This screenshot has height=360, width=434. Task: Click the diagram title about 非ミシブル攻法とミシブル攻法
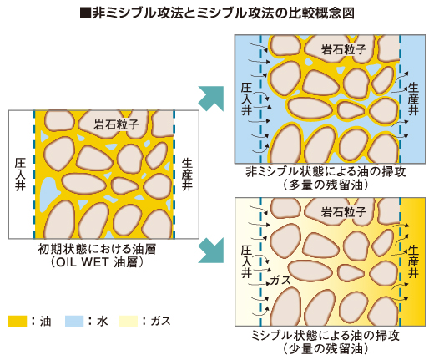pos(217,13)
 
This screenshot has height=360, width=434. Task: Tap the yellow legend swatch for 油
pos(18,321)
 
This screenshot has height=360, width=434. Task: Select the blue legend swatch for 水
pos(74,321)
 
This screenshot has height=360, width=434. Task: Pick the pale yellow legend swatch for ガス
pos(129,321)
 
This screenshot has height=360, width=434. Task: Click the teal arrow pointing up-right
pos(212,99)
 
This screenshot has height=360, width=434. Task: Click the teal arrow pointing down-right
pos(212,251)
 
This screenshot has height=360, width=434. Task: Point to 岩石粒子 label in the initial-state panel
pos(116,124)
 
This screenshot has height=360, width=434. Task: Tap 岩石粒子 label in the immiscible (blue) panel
pos(344,49)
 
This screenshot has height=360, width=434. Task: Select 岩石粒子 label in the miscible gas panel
pos(344,212)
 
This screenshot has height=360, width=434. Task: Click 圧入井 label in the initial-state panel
pos(20,175)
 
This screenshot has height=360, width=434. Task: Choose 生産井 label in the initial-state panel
pos(187,175)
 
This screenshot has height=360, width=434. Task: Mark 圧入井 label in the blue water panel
pos(247,99)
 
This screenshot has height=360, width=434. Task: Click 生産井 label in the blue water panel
pos(413,99)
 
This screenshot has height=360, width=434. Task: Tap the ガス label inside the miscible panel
pos(280,280)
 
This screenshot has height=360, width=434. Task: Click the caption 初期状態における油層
pos(97,249)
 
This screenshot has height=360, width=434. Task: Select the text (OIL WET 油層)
pos(97,262)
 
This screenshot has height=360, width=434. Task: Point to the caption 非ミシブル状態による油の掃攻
pos(325,171)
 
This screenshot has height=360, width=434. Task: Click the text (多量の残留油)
pos(325,185)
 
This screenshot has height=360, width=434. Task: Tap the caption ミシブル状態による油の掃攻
pos(325,335)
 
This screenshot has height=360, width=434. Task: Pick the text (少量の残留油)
pos(325,348)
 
